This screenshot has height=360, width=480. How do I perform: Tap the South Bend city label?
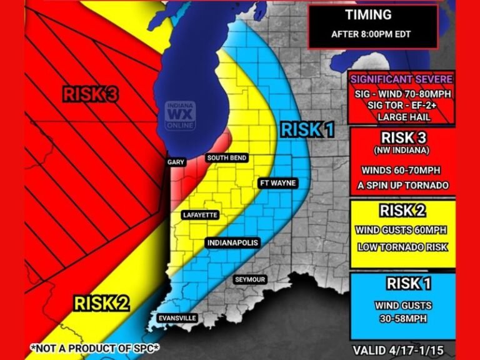coord(226,158)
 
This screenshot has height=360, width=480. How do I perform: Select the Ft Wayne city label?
coord(277,183)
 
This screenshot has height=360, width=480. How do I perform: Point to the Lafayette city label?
coord(200,215)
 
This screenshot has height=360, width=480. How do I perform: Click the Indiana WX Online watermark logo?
coord(180,116)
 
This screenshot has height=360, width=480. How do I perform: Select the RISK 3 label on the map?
coord(91,94)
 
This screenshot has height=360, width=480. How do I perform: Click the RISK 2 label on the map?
coord(102,304)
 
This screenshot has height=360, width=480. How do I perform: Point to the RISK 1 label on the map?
coord(307,129)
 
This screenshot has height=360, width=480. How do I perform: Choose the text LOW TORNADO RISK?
coord(402,247)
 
